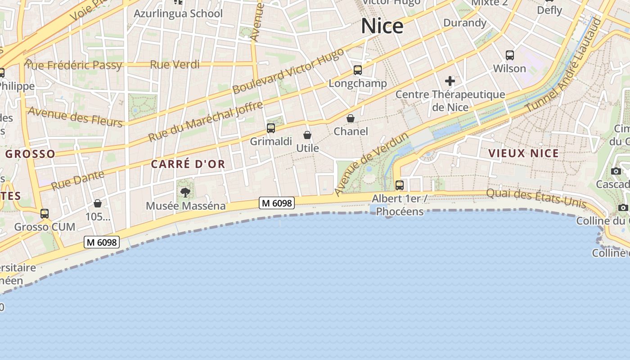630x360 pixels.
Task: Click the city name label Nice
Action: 382,26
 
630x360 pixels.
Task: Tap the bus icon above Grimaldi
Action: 271,128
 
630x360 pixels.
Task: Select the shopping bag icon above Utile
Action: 307,135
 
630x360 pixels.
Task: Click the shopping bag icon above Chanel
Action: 351,118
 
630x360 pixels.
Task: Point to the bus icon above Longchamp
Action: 358,70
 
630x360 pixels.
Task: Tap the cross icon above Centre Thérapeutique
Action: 450,81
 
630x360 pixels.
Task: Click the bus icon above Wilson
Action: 510,55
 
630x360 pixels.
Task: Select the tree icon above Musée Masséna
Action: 185,193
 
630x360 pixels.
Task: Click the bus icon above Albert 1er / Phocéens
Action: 399,185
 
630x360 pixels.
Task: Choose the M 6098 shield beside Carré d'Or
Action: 277,203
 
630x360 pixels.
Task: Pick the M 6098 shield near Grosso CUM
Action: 102,242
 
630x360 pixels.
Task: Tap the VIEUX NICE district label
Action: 523,153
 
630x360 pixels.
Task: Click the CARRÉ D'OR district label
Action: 188,164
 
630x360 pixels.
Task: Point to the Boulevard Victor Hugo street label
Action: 288,71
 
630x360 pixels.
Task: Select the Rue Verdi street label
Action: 175,64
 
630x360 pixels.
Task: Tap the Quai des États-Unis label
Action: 536,198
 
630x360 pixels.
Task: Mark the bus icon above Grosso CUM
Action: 45,214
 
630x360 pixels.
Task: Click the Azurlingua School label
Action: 178,13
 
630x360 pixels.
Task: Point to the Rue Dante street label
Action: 77,180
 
